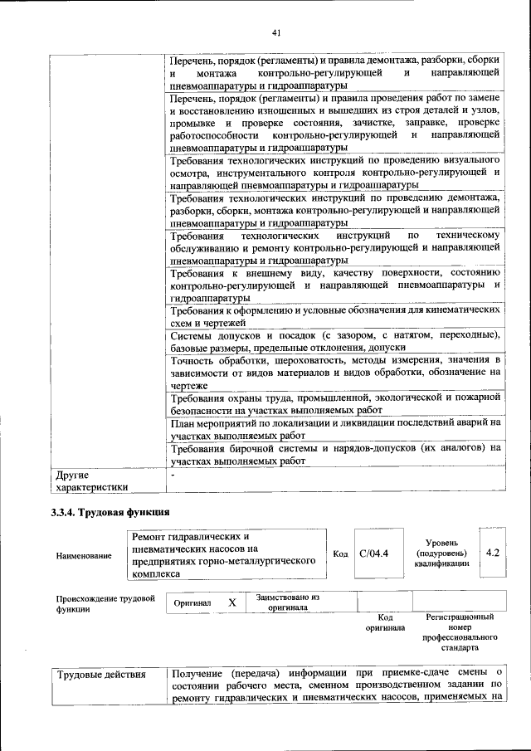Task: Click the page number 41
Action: tap(277, 32)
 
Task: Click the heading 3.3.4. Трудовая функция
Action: tap(110, 510)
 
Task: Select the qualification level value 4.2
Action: tap(493, 552)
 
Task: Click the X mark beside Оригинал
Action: tap(233, 602)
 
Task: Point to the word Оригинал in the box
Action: tap(192, 603)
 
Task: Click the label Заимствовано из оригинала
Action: tap(287, 602)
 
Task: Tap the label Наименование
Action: tap(84, 555)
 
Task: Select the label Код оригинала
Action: tap(384, 622)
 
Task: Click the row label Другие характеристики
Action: tap(91, 482)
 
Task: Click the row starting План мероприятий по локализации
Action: tap(335, 428)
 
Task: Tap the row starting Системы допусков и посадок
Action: tap(335, 341)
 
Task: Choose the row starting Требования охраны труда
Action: tap(335, 404)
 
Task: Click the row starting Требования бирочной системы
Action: tap(335, 453)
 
